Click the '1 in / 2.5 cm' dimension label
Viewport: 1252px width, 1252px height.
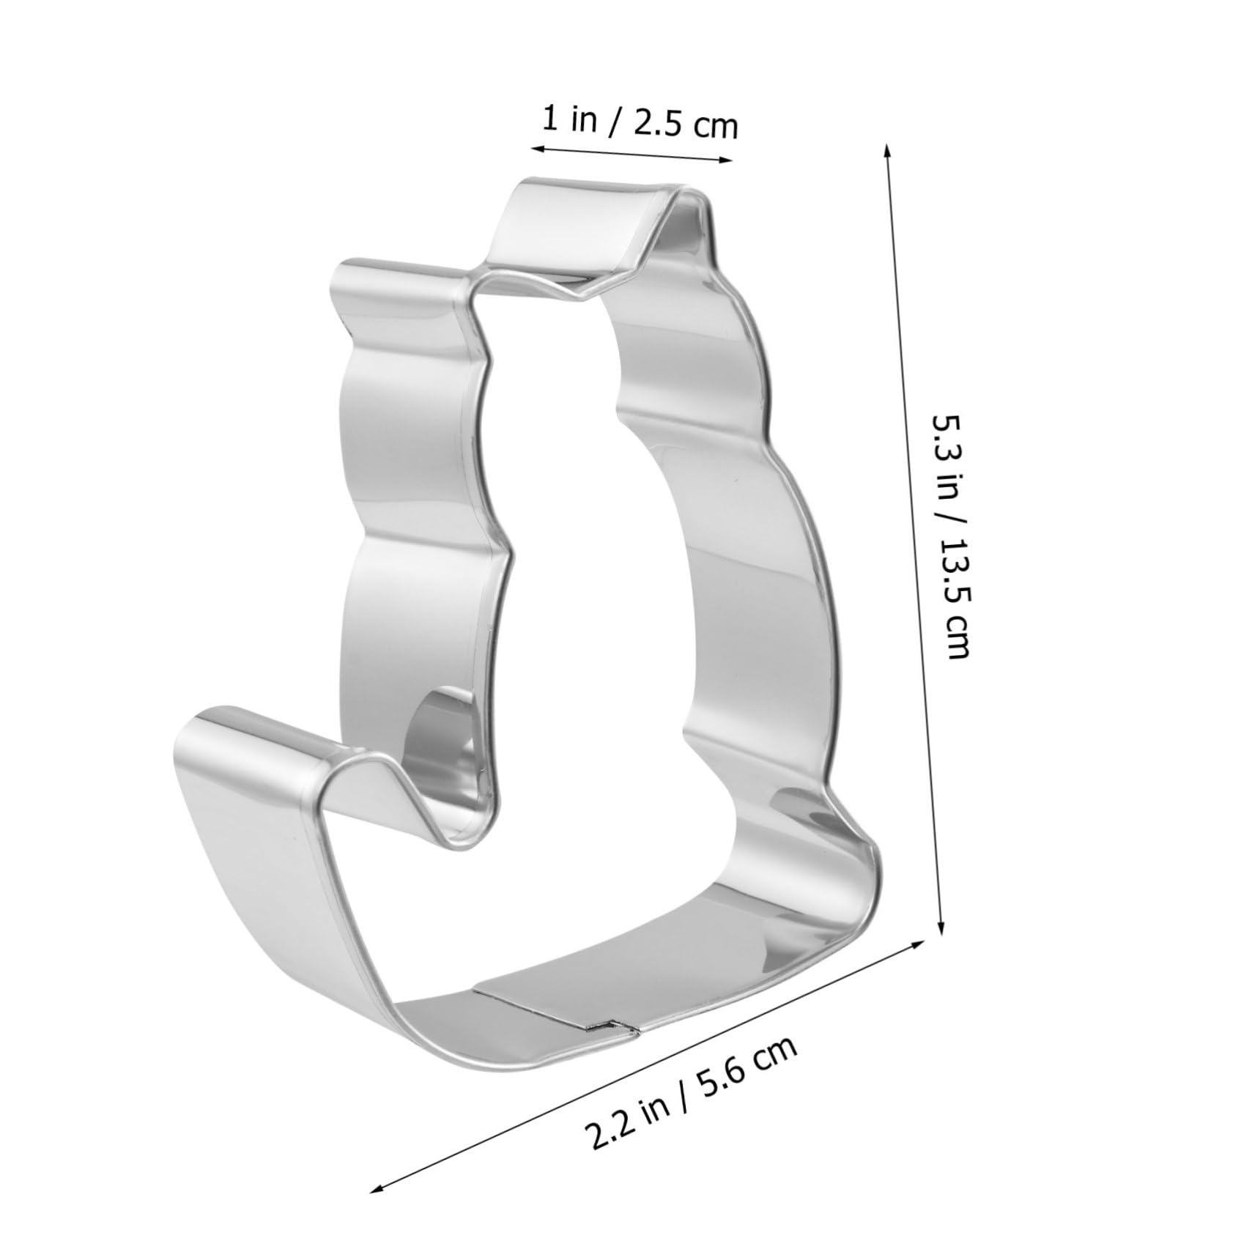pyautogui.click(x=638, y=122)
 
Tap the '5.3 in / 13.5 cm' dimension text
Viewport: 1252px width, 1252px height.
pyautogui.click(x=949, y=536)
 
